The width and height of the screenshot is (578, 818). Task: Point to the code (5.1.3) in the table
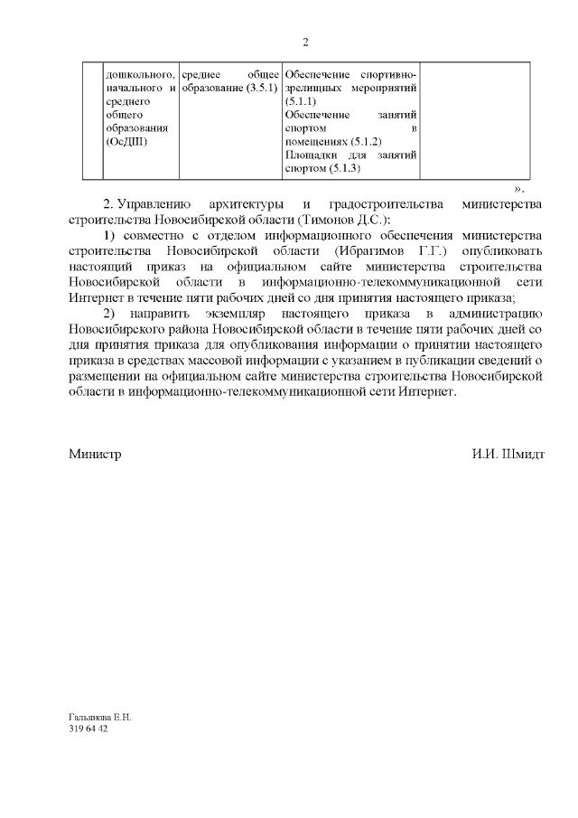click(345, 169)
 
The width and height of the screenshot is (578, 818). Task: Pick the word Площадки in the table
click(310, 155)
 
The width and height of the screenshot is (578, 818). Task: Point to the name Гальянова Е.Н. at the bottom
click(100, 717)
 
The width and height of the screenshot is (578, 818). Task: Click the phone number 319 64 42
click(89, 729)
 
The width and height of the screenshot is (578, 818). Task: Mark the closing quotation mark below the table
click(518, 188)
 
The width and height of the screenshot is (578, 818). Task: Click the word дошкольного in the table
click(135, 73)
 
